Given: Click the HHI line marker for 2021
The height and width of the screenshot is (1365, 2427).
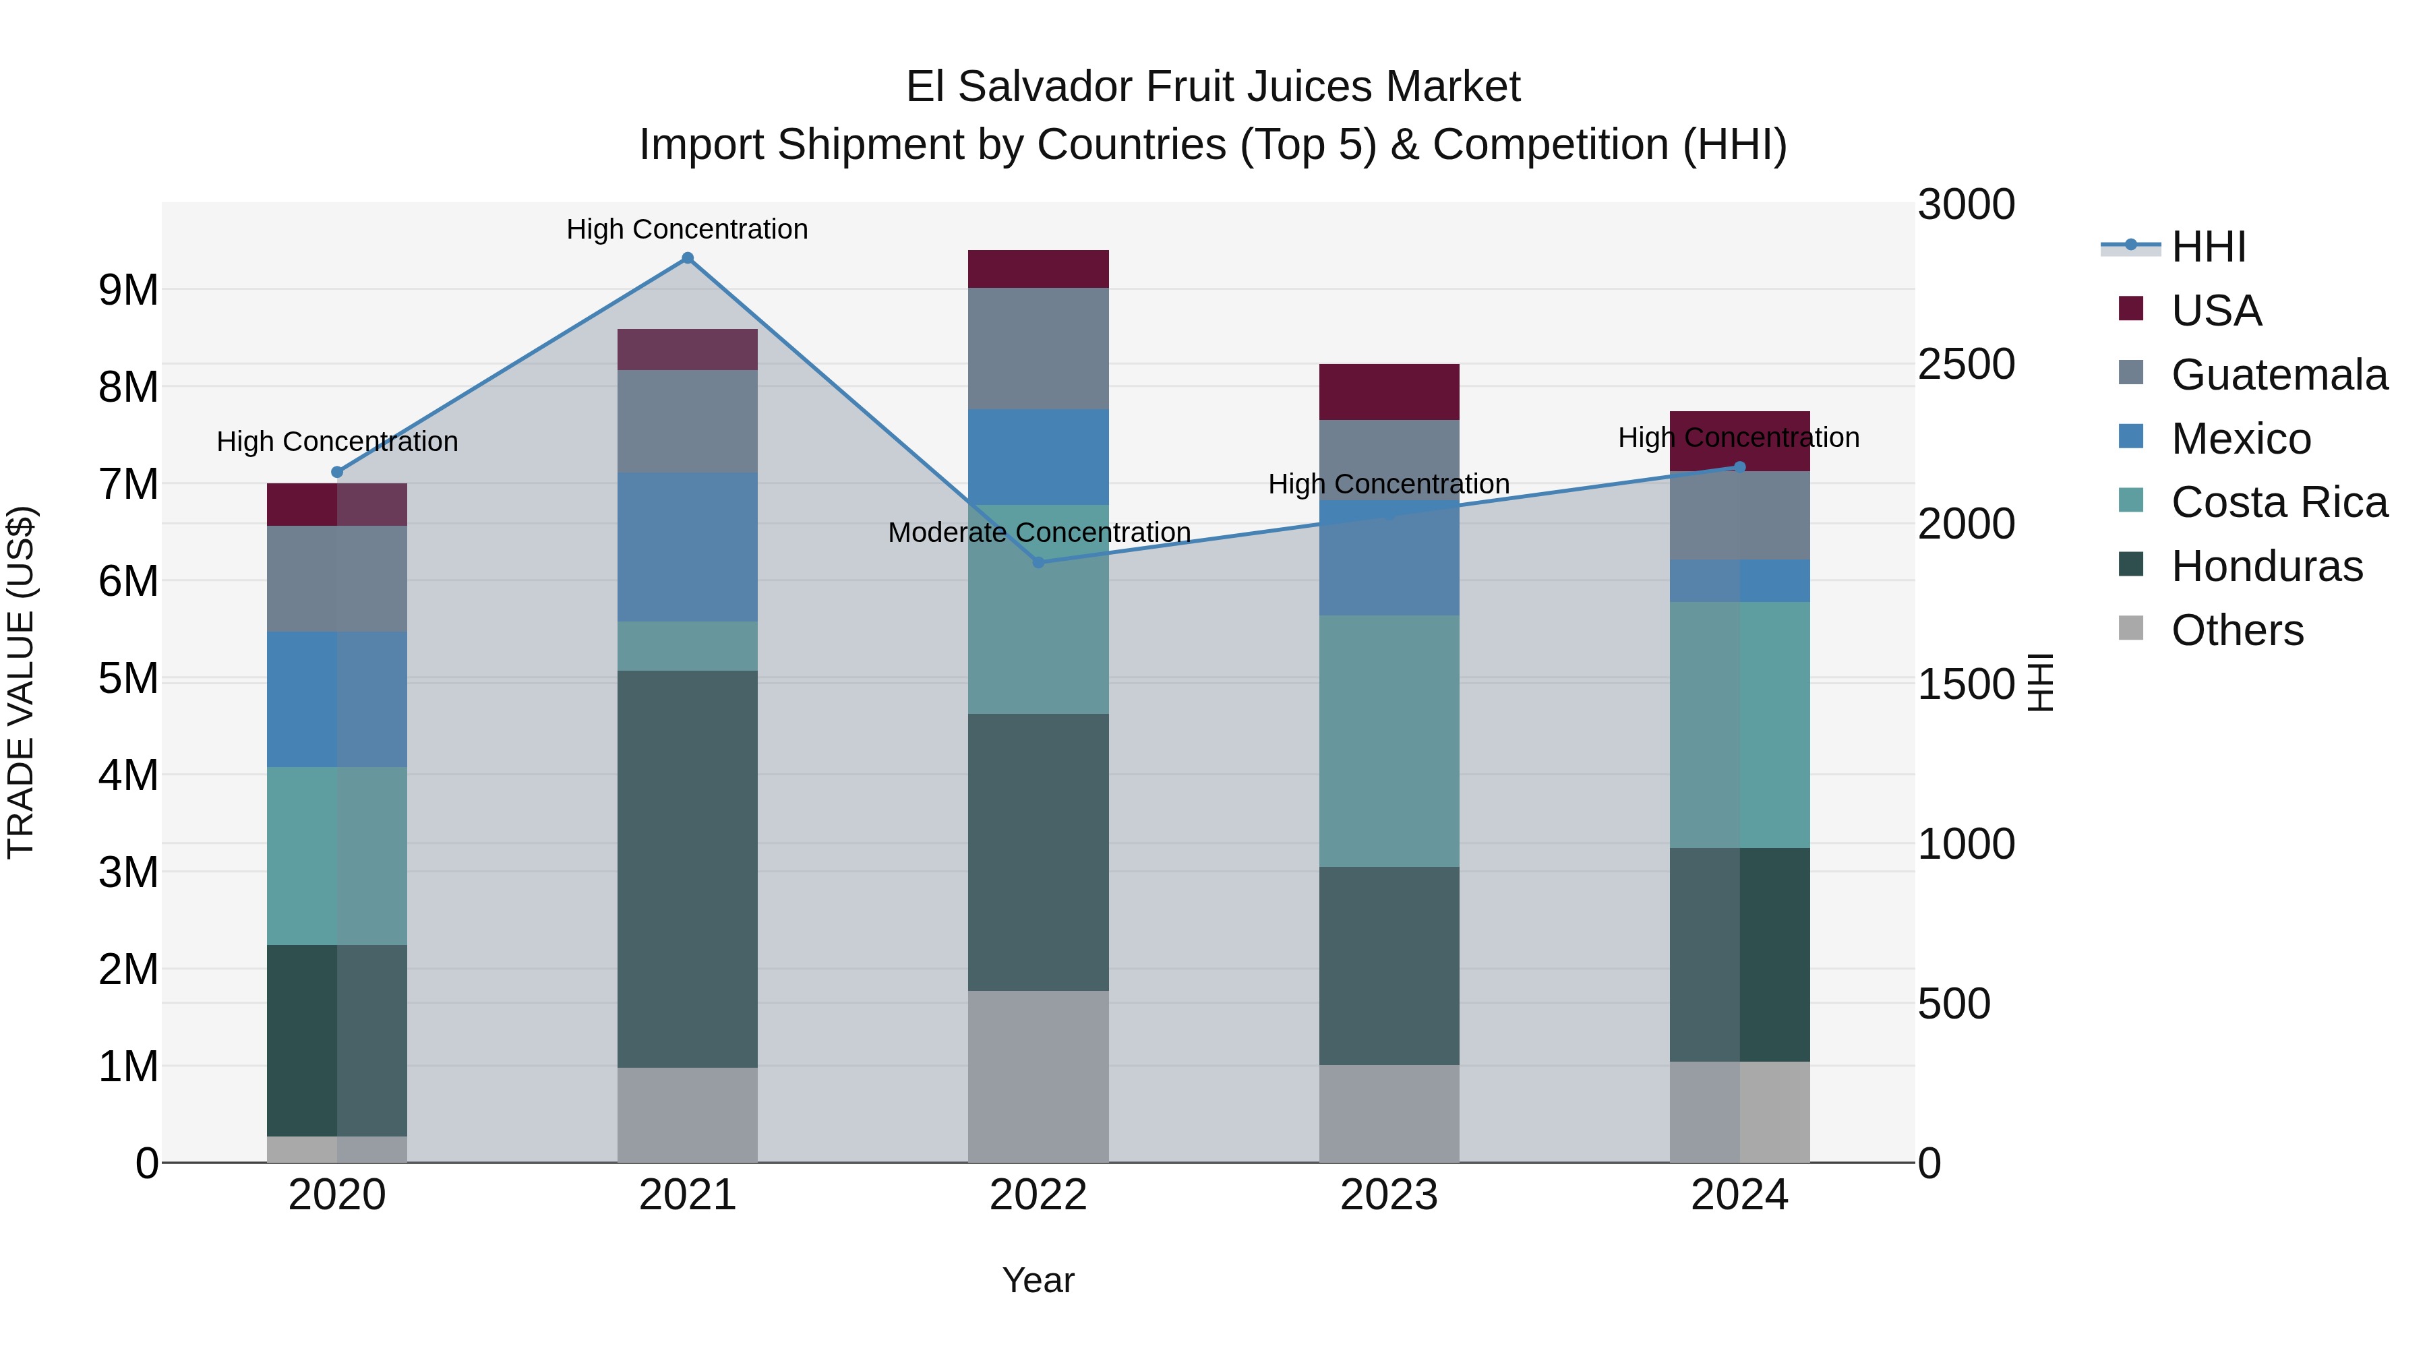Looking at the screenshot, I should point(687,258).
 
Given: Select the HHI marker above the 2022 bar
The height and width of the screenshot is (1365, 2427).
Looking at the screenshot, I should point(1038,562).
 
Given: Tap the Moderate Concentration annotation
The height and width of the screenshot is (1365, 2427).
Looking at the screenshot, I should point(1038,533).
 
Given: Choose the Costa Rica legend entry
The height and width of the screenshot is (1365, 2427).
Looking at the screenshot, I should point(2278,502).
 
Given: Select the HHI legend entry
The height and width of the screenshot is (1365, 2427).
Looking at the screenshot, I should point(2207,247).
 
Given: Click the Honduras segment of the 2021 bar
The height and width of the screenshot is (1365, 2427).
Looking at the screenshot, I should point(687,867).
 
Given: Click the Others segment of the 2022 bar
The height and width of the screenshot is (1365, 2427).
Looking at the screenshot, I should point(1038,1076).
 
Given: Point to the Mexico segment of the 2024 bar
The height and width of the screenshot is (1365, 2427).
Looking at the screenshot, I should point(1739,580).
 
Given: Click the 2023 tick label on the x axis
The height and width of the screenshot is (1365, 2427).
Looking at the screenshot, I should point(1389,1195).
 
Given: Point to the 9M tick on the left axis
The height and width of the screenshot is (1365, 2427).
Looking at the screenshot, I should point(128,290).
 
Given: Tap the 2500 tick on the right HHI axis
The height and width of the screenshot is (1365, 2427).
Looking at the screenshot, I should point(1965,365).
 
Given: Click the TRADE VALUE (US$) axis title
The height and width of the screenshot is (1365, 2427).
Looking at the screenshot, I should point(21,682).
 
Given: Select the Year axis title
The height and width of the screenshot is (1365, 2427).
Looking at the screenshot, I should point(1038,1280).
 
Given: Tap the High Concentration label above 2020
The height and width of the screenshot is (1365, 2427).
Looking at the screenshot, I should point(337,442).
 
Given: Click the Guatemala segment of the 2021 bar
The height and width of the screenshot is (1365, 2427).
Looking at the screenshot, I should point(687,421).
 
